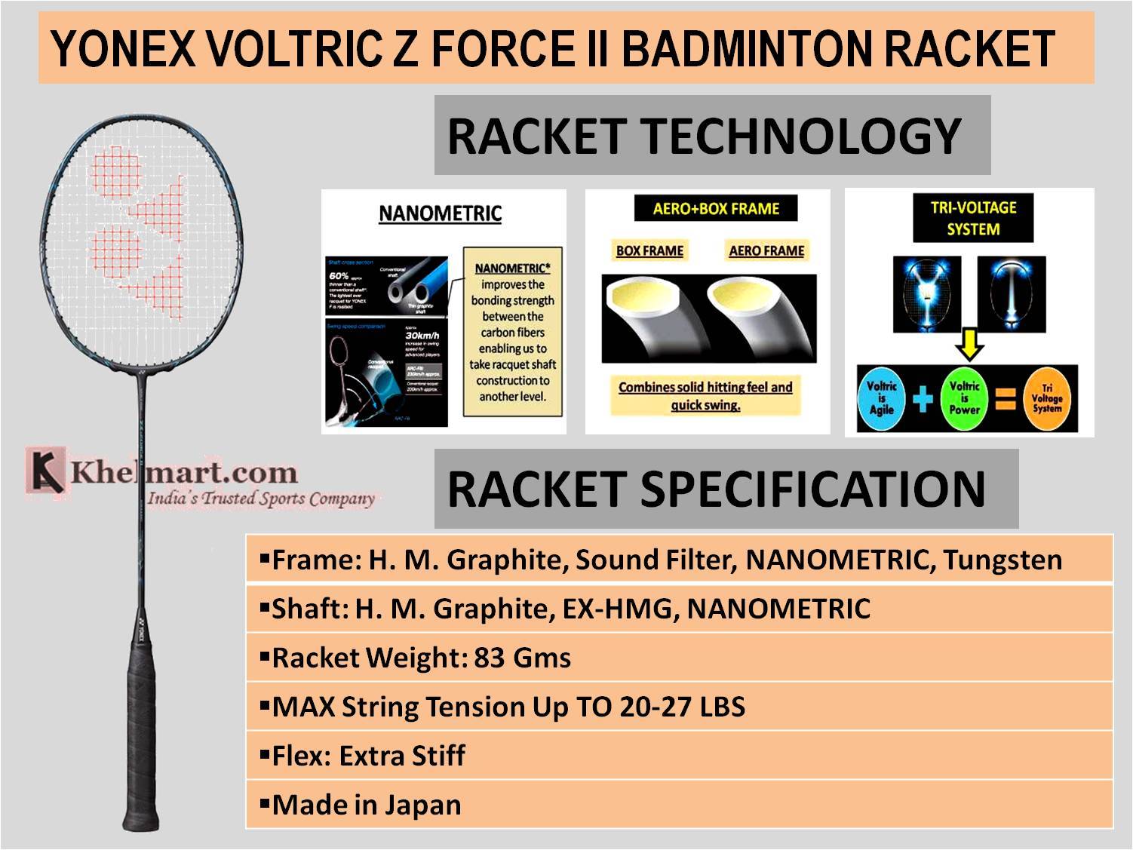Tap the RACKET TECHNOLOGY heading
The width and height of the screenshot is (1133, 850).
(703, 136)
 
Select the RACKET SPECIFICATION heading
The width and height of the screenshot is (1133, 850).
(716, 489)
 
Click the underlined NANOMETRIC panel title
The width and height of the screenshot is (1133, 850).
(440, 213)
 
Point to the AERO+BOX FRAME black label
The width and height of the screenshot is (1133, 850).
(715, 209)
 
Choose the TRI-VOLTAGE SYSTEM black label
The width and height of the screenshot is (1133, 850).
(973, 218)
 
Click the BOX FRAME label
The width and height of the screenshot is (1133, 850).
(649, 251)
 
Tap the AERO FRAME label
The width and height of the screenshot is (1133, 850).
(766, 251)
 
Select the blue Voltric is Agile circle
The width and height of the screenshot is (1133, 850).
(882, 398)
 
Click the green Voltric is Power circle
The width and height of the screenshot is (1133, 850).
(964, 398)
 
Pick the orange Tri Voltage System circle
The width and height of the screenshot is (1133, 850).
(1046, 398)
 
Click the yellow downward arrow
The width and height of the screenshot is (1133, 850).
(969, 346)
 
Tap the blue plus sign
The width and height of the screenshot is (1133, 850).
(923, 398)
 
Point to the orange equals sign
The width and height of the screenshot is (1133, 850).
(1005, 398)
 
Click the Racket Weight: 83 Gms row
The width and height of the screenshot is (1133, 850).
(421, 658)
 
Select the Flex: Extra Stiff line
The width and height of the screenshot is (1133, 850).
(368, 756)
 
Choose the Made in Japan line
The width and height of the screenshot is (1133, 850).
(366, 805)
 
